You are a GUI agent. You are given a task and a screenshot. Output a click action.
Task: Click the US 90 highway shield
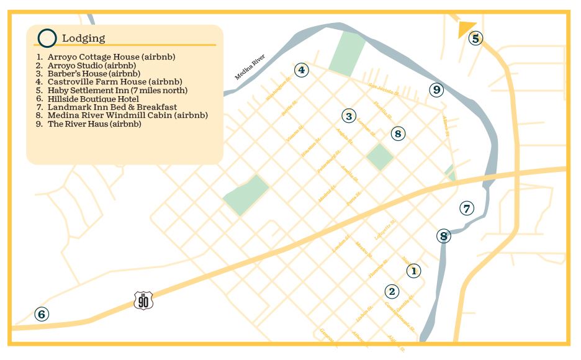pyautogui.click(x=143, y=301)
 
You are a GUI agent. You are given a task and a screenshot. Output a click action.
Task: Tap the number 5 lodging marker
pyautogui.click(x=475, y=38)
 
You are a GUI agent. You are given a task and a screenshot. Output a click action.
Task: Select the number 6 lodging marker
pyautogui.click(x=42, y=314)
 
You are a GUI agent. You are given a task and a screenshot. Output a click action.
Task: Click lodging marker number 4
pyautogui.click(x=301, y=70)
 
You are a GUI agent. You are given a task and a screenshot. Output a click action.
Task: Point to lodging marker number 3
pyautogui.click(x=349, y=116)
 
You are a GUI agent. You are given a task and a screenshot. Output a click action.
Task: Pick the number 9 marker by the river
pyautogui.click(x=437, y=90)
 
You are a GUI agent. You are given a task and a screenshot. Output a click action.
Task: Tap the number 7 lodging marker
pyautogui.click(x=467, y=209)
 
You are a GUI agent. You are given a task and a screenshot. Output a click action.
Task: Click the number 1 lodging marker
pyautogui.click(x=413, y=271)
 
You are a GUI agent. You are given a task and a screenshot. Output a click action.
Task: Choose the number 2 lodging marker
pyautogui.click(x=392, y=291)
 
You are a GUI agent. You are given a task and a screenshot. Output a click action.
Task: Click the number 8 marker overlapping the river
pyautogui.click(x=443, y=236)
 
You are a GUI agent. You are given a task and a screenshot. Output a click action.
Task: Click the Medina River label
pyautogui.click(x=250, y=67)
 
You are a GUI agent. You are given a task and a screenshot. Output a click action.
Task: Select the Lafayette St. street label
pyautogui.click(x=385, y=230)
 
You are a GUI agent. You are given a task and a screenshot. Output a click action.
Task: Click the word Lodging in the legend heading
pyautogui.click(x=83, y=38)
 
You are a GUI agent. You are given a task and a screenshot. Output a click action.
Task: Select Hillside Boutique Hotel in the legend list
pyautogui.click(x=92, y=99)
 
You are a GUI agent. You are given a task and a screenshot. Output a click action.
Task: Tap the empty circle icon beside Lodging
pyautogui.click(x=47, y=38)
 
